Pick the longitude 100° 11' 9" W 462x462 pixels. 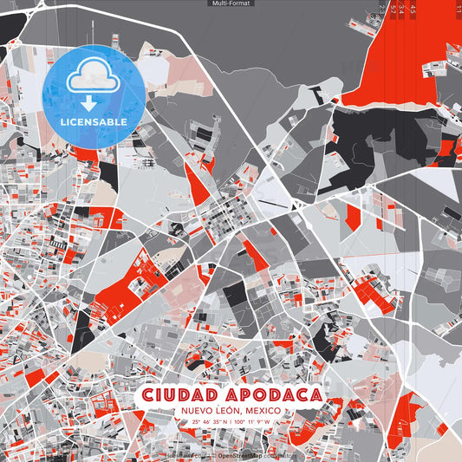[x=253, y=422]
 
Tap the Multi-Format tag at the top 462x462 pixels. [x=231, y=3]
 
